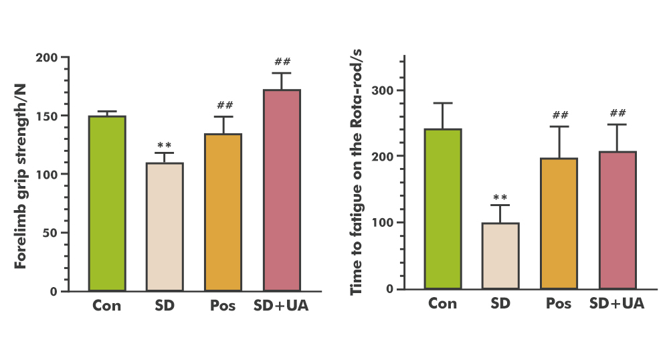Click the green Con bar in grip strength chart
click(107, 203)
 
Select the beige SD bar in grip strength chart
click(165, 227)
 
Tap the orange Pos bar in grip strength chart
click(223, 212)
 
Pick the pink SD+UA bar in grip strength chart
click(282, 190)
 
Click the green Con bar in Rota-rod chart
click(443, 209)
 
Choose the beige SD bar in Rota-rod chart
click(500, 256)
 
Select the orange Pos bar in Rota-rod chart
click(559, 223)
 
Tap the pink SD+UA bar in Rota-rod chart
click(617, 220)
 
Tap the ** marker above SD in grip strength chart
click(165, 145)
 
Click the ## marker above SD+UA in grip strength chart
click(282, 62)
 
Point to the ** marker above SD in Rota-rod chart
click(500, 197)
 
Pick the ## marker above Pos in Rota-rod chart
click(559, 116)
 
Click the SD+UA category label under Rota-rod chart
click(617, 303)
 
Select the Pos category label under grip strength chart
click(222, 305)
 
